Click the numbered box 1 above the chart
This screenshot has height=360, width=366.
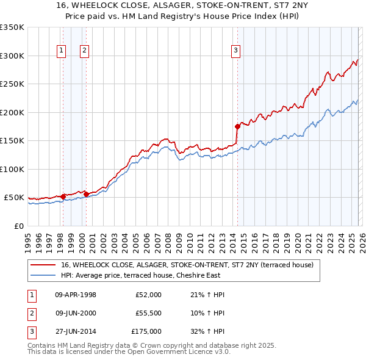pyautogui.click(x=62, y=51)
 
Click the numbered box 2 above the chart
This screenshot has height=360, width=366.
pyautogui.click(x=84, y=51)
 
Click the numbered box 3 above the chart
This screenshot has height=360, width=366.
pyautogui.click(x=236, y=51)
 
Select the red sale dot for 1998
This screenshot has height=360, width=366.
pyautogui.click(x=63, y=196)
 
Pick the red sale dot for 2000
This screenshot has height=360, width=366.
pyautogui.click(x=86, y=195)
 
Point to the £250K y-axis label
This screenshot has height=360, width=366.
pyautogui.click(x=12, y=84)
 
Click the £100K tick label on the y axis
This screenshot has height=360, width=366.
pyautogui.click(x=12, y=169)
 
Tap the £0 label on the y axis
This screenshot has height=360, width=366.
pyautogui.click(x=19, y=226)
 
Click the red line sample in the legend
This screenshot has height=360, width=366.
pyautogui.click(x=43, y=265)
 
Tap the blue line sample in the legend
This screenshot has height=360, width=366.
pyautogui.click(x=43, y=275)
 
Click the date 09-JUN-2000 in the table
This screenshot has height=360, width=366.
pyautogui.click(x=76, y=313)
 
